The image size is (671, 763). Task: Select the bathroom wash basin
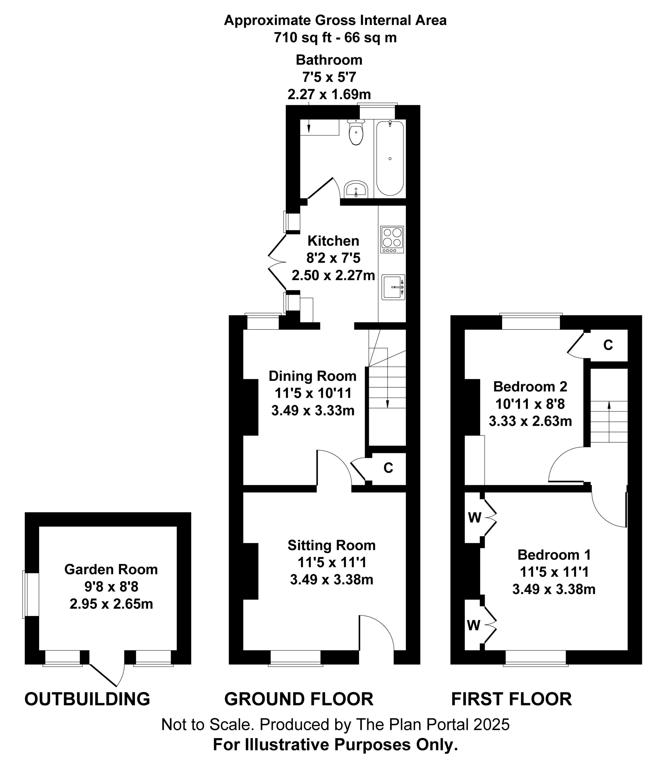click(x=356, y=190)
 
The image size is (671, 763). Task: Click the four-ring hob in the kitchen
click(x=392, y=239)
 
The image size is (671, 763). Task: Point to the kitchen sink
click(x=393, y=287)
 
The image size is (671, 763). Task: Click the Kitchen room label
click(x=333, y=241)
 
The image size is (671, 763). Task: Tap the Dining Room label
click(x=312, y=376)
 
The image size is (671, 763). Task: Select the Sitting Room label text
click(x=331, y=545)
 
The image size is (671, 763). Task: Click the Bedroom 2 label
click(x=530, y=386)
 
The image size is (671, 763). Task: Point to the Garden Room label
click(x=111, y=569)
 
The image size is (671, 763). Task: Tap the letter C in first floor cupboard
click(x=608, y=345)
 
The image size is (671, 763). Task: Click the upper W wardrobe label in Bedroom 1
click(x=474, y=517)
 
